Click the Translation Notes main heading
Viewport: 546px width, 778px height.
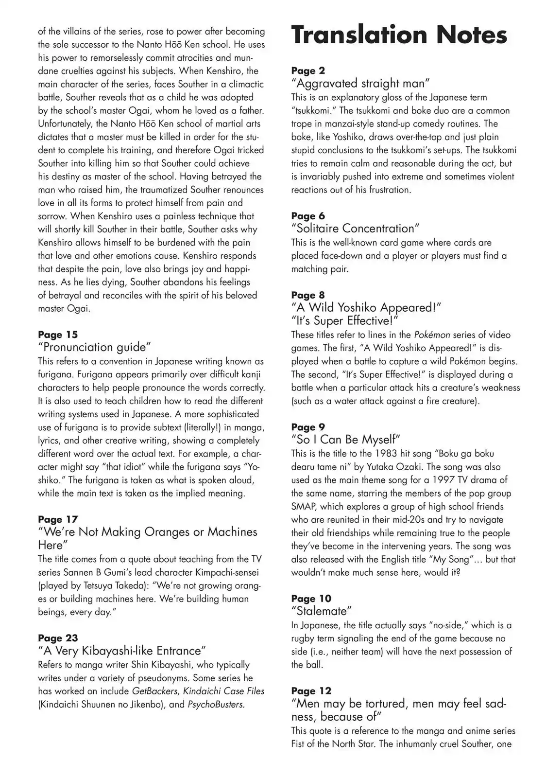click(x=399, y=35)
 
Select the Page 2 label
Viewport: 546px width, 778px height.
click(x=308, y=71)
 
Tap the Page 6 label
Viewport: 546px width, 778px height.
click(x=308, y=216)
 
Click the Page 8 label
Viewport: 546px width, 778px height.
click(x=308, y=295)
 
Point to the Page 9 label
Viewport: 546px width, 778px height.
click(x=308, y=427)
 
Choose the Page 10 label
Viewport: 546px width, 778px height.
click(x=311, y=599)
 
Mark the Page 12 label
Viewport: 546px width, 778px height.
click(x=311, y=691)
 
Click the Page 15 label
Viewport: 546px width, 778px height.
click(x=58, y=335)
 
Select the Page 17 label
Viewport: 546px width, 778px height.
click(x=58, y=519)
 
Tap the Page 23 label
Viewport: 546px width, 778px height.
click(x=58, y=638)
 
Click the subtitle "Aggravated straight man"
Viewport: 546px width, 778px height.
click(x=360, y=84)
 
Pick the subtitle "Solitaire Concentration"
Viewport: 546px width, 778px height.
click(x=355, y=229)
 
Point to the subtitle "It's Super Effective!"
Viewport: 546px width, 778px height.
click(x=344, y=321)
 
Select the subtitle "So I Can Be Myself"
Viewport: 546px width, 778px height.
click(x=345, y=440)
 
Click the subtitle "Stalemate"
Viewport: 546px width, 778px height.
click(x=322, y=611)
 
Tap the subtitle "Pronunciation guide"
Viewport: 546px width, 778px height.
click(x=95, y=347)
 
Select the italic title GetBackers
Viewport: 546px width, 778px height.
click(x=155, y=691)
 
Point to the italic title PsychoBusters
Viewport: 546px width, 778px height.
click(x=215, y=704)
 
